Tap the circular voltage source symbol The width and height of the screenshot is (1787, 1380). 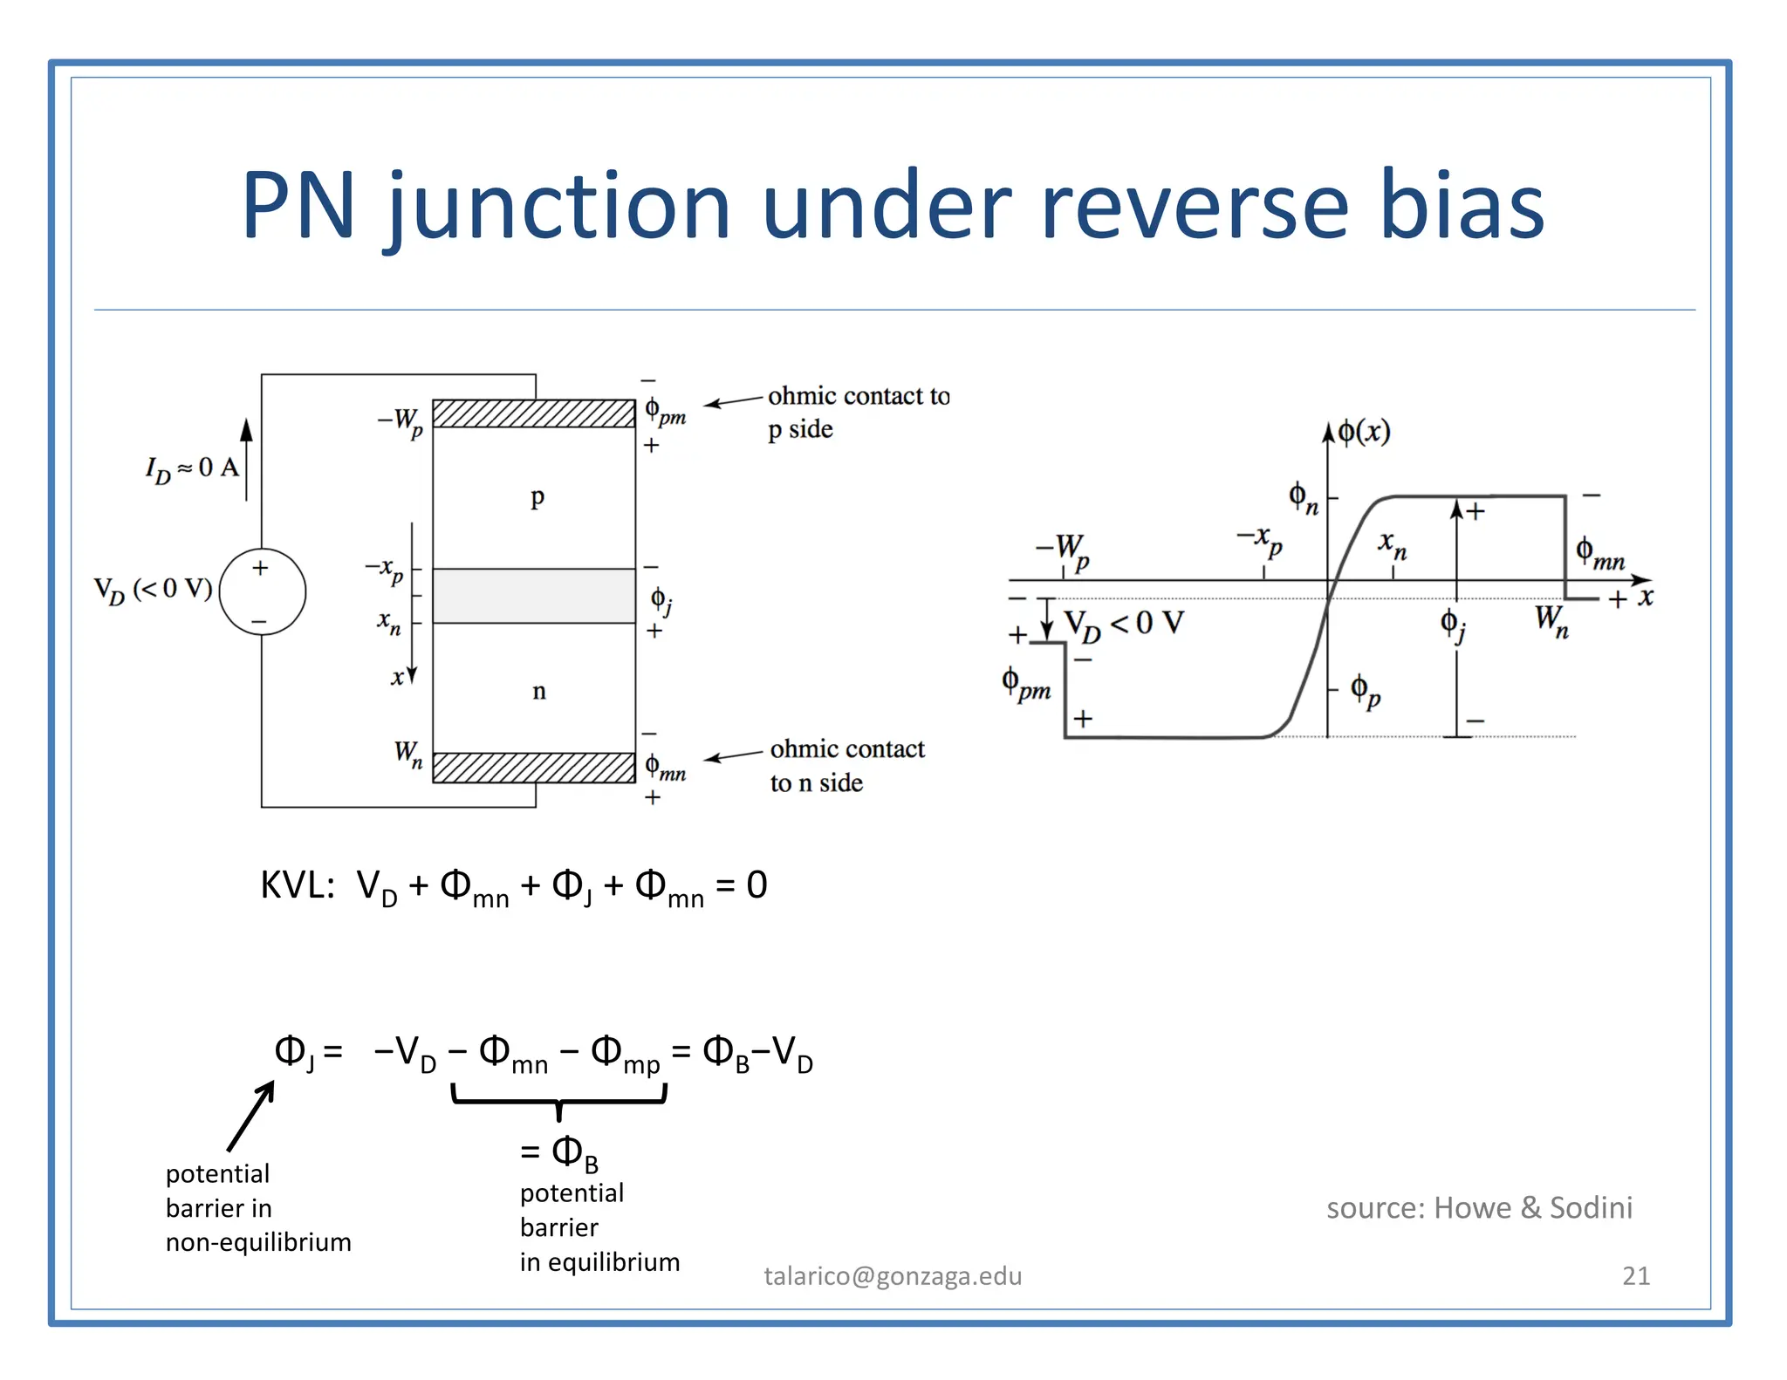point(262,592)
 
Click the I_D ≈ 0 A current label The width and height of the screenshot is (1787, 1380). point(192,469)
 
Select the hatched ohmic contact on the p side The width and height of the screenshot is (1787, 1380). point(534,413)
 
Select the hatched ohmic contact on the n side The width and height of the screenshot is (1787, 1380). point(534,768)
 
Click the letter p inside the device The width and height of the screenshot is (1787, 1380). point(537,497)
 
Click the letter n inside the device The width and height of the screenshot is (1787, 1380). point(539,691)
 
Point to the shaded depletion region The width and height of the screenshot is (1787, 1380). point(534,596)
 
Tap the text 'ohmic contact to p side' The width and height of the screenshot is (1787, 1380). point(857,412)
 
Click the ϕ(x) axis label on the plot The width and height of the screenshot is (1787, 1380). point(1364,432)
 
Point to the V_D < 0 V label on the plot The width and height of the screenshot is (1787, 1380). point(1124,625)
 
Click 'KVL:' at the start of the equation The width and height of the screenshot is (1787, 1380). point(298,886)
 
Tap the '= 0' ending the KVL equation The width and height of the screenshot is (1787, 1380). point(742,886)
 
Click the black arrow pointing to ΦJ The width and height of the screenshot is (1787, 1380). point(251,1116)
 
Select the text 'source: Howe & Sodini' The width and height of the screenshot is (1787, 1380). point(1479,1208)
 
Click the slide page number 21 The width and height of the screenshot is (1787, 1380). point(1635,1276)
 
